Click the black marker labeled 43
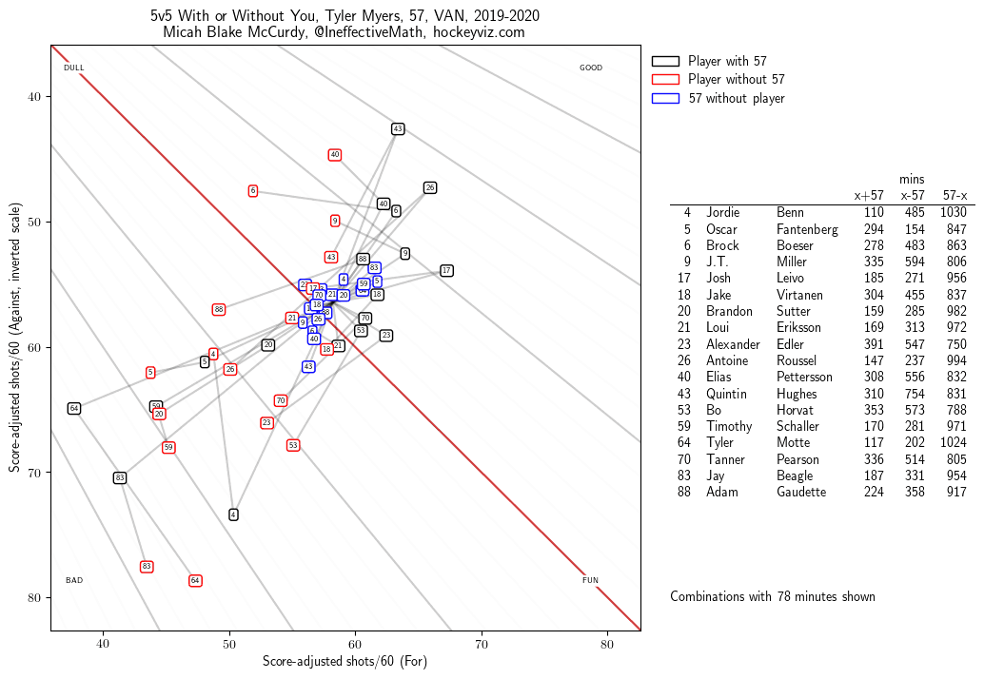point(398,128)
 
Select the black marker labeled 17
point(446,271)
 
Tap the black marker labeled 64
point(74,408)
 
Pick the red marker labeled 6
point(253,191)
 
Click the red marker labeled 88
point(219,309)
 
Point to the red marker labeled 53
point(293,445)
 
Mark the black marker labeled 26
point(430,187)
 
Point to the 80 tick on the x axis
point(607,643)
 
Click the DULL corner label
point(74,68)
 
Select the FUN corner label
point(590,580)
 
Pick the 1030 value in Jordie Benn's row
point(954,212)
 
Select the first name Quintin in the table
point(729,394)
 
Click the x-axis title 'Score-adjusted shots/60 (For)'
point(344,661)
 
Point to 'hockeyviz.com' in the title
point(479,32)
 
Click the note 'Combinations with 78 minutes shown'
point(772,596)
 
